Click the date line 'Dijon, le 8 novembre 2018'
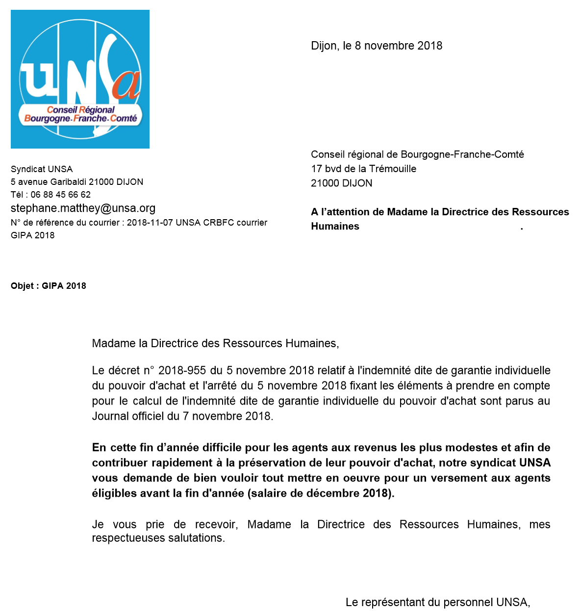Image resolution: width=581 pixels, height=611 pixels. click(377, 46)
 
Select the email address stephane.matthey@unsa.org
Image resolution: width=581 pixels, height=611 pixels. click(83, 208)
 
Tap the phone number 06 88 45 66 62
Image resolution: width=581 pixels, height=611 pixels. click(60, 195)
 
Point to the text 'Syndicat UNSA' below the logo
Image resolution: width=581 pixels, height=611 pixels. click(42, 169)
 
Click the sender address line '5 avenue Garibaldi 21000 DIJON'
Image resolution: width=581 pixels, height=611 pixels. click(77, 182)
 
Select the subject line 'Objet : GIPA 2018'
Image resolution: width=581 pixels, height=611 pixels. click(49, 286)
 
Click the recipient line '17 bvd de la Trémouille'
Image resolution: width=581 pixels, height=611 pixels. click(363, 169)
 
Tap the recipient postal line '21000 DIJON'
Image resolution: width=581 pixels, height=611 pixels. click(341, 183)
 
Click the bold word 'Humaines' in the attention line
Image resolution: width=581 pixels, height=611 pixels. click(335, 227)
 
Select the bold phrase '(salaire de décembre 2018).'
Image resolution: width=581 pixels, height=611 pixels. click(321, 493)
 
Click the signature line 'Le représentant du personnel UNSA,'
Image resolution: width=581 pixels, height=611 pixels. click(438, 602)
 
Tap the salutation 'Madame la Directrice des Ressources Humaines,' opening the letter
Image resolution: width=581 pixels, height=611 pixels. click(215, 343)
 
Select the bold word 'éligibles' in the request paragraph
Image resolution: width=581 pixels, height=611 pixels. click(112, 493)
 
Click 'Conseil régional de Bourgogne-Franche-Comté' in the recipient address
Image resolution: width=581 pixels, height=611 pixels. click(417, 154)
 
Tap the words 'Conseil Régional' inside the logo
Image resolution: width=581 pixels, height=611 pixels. click(81, 110)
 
